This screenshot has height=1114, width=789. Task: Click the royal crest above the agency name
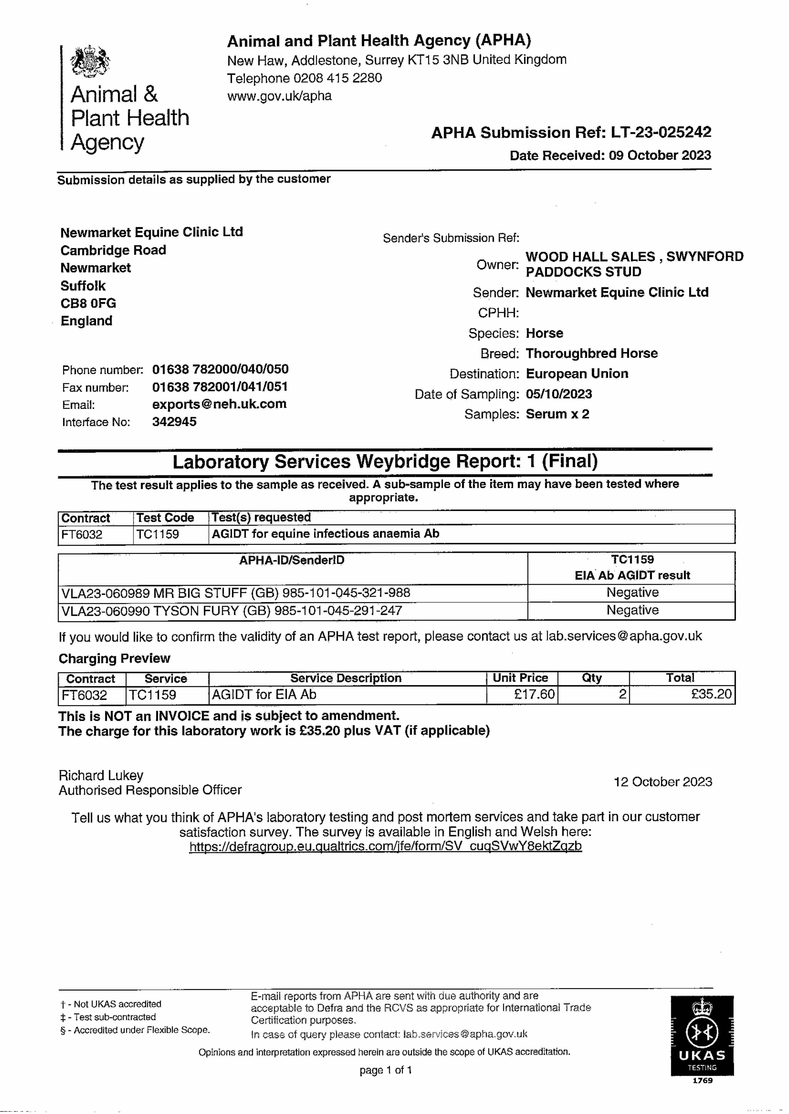tap(90, 62)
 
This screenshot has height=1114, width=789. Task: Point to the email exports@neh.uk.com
tap(219, 404)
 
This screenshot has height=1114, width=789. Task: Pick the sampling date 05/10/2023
tap(559, 394)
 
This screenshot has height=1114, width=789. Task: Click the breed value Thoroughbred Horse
tap(591, 353)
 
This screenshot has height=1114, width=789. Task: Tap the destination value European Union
tap(577, 374)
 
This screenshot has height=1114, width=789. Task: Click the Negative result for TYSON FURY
tap(632, 610)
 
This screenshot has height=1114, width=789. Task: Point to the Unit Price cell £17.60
tap(534, 694)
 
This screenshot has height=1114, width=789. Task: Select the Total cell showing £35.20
tap(711, 694)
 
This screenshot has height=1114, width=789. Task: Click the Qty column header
tap(592, 678)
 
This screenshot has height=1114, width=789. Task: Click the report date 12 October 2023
tap(663, 782)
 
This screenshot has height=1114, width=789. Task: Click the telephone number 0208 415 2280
tap(338, 78)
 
